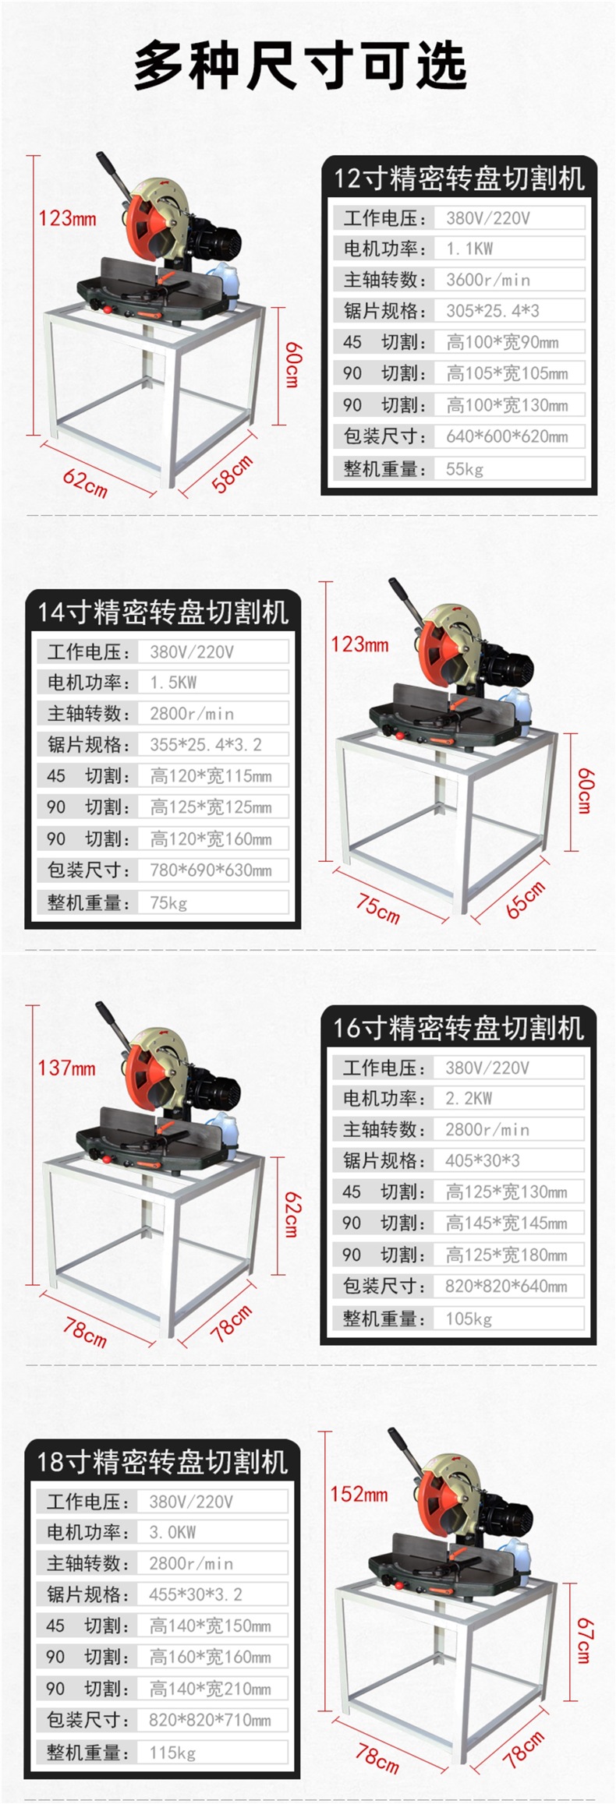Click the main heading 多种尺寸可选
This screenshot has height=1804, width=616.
[x=300, y=66]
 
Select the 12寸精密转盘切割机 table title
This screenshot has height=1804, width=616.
[x=459, y=178]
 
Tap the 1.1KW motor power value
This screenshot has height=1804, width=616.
[x=469, y=249]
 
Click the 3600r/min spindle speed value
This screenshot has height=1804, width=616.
[x=487, y=280]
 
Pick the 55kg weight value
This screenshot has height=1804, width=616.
[x=465, y=469]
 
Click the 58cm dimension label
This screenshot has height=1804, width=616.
[x=232, y=473]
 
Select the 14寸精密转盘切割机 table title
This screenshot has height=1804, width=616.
[x=163, y=612]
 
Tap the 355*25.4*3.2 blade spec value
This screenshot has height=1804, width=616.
[x=206, y=744]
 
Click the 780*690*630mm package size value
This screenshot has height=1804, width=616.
[x=211, y=870]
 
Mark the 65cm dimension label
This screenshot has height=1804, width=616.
[x=526, y=900]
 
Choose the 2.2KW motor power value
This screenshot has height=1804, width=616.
[x=469, y=1098]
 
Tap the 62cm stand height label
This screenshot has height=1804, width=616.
[x=291, y=1214]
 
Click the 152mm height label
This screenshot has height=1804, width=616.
[x=359, y=1494]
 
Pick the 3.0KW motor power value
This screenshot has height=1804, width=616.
[x=172, y=1532]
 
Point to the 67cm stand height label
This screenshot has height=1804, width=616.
[x=584, y=1640]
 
